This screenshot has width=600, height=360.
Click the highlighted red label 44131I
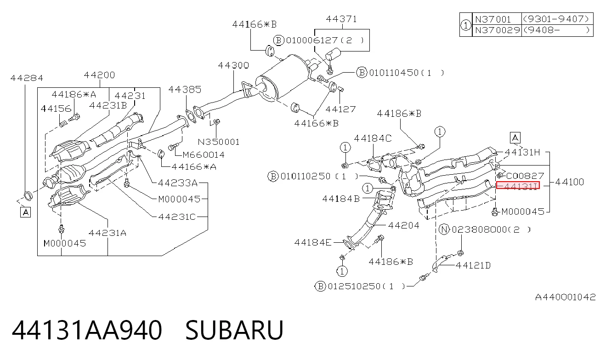518,185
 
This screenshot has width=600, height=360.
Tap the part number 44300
233,65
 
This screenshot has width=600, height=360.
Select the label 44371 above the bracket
341,19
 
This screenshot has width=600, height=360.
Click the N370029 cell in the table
497,30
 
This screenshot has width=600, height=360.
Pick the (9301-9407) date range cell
556,19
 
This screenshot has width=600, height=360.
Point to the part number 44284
27,78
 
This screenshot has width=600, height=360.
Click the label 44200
99,75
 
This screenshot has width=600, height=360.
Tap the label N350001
219,142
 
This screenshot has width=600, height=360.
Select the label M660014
204,154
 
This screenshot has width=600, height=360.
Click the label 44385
185,90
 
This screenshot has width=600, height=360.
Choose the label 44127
340,109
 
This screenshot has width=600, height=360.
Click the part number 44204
404,225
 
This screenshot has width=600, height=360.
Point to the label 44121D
473,265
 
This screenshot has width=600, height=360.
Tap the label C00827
525,176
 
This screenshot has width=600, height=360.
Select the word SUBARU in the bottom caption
234,330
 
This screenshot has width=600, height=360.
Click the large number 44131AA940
87,330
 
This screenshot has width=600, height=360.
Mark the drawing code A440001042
565,297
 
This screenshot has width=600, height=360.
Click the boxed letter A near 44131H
515,138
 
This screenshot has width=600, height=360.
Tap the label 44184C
373,138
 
